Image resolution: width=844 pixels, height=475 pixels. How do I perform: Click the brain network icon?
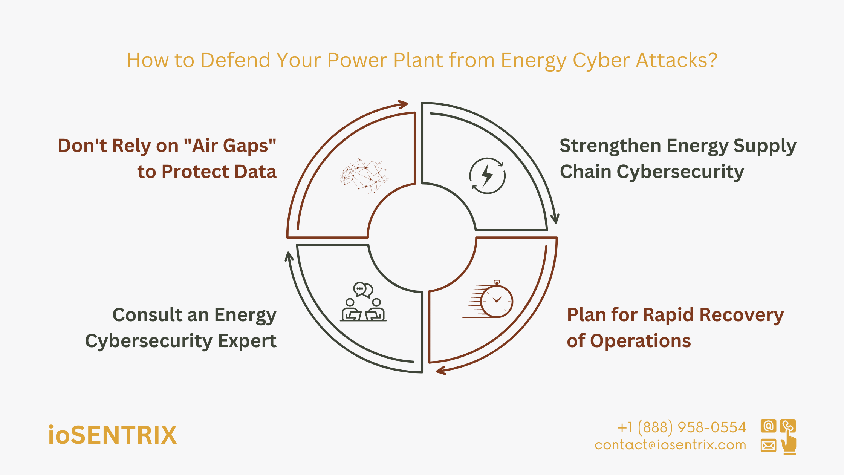[364, 176]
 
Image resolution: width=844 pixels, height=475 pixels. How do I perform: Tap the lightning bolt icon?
[487, 176]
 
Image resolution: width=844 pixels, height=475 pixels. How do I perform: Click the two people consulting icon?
[363, 302]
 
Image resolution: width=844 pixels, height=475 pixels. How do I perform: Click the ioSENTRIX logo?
[113, 435]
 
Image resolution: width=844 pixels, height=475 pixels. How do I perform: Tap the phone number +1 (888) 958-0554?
[682, 427]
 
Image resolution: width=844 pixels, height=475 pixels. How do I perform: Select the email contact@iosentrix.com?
[670, 445]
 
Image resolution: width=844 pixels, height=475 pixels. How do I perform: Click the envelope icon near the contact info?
[768, 446]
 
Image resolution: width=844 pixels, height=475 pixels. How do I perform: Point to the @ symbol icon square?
[768, 426]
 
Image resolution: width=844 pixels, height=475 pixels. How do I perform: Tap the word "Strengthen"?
[610, 146]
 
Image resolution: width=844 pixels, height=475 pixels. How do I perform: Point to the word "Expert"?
[247, 341]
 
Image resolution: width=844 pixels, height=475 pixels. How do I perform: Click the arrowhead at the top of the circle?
[404, 104]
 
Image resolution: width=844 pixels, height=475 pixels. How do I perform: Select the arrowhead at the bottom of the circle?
[441, 371]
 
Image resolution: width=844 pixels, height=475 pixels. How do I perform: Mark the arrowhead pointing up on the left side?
[289, 257]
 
